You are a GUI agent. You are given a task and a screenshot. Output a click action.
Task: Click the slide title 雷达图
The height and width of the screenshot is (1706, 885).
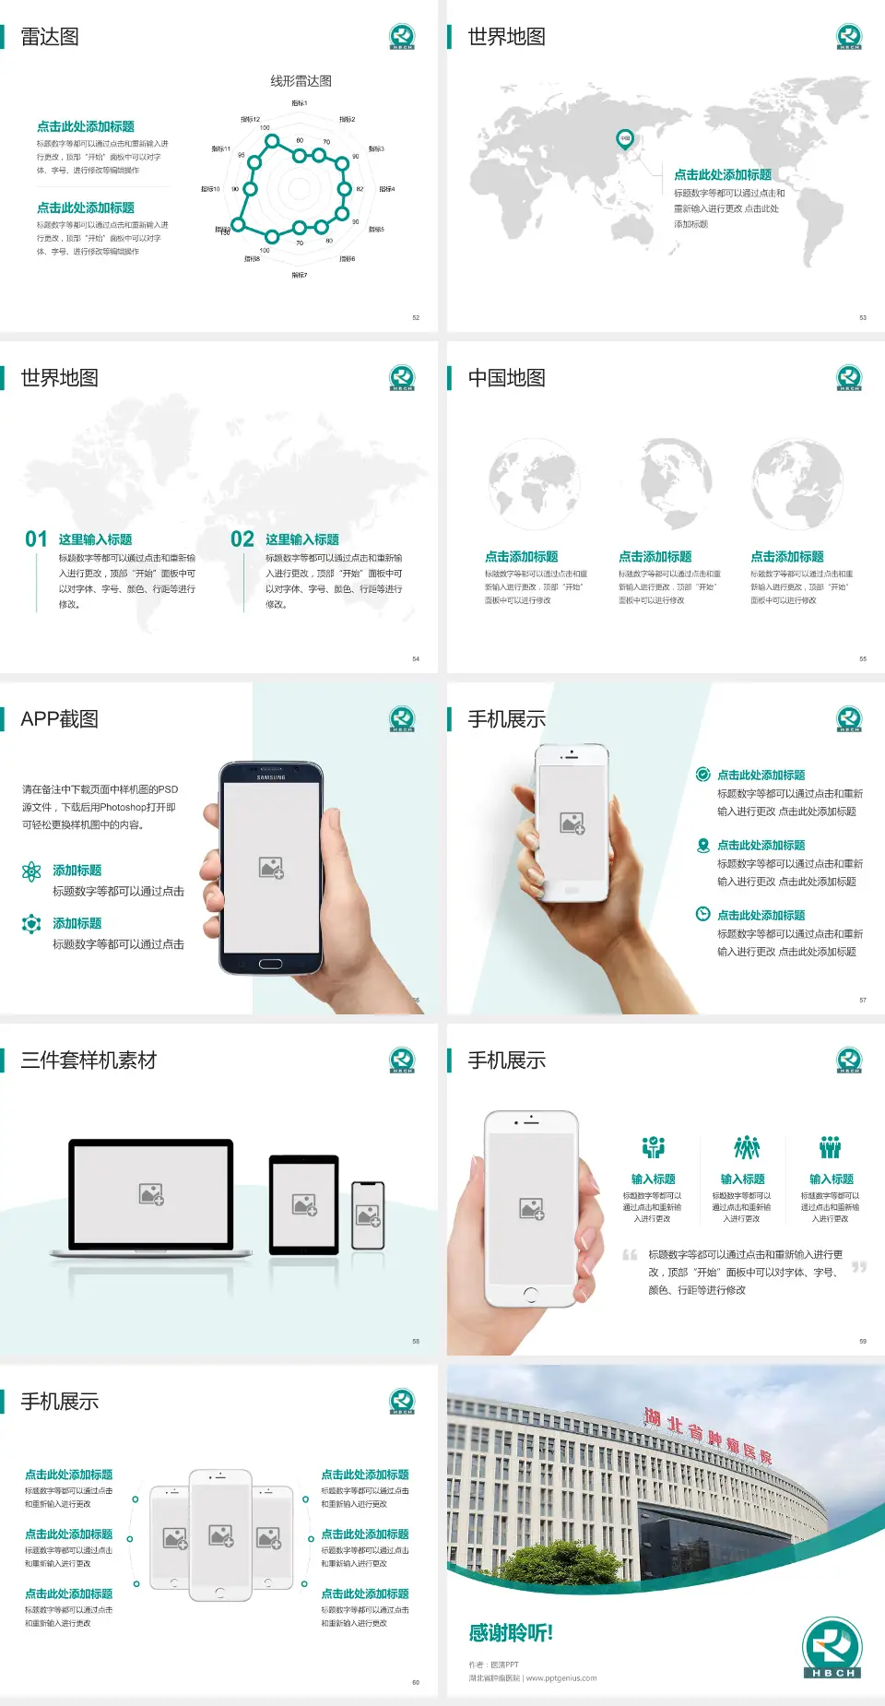(x=50, y=37)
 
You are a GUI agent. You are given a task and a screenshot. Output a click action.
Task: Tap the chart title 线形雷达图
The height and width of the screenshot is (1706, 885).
(x=301, y=81)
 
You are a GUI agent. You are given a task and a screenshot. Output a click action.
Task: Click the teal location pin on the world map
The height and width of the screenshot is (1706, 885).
(x=625, y=139)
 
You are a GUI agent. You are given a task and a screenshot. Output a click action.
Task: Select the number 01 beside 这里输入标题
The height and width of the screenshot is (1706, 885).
(x=36, y=539)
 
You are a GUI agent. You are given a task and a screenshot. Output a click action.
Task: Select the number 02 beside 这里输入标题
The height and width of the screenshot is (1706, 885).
(x=242, y=539)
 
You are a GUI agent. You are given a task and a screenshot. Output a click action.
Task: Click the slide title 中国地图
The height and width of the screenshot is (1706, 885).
(x=506, y=378)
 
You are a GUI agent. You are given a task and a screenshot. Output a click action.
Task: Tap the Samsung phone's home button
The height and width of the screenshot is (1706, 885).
(x=270, y=964)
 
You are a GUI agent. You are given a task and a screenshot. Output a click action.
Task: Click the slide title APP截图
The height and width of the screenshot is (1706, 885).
(x=59, y=719)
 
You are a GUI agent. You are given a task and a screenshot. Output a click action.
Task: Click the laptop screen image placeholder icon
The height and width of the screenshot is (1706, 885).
(x=151, y=1194)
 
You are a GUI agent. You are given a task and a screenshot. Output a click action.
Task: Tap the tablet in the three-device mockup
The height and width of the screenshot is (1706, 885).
(x=304, y=1203)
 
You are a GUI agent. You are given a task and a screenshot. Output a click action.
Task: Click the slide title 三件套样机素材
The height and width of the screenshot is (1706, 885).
(x=88, y=1060)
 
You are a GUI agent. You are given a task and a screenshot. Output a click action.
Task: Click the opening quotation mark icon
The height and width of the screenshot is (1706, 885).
(x=630, y=1255)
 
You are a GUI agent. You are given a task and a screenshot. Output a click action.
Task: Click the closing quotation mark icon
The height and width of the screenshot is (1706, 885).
(x=859, y=1267)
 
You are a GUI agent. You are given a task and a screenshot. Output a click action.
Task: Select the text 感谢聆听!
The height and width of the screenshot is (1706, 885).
(x=511, y=1633)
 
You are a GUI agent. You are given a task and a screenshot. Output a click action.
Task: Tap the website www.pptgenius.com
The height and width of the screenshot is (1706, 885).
(x=561, y=1678)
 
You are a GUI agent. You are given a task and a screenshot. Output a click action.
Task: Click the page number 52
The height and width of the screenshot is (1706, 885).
(x=416, y=318)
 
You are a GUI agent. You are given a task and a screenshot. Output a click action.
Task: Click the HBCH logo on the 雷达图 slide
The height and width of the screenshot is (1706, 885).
(x=402, y=37)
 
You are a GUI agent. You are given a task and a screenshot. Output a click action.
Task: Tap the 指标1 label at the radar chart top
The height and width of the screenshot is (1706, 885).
(x=300, y=103)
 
